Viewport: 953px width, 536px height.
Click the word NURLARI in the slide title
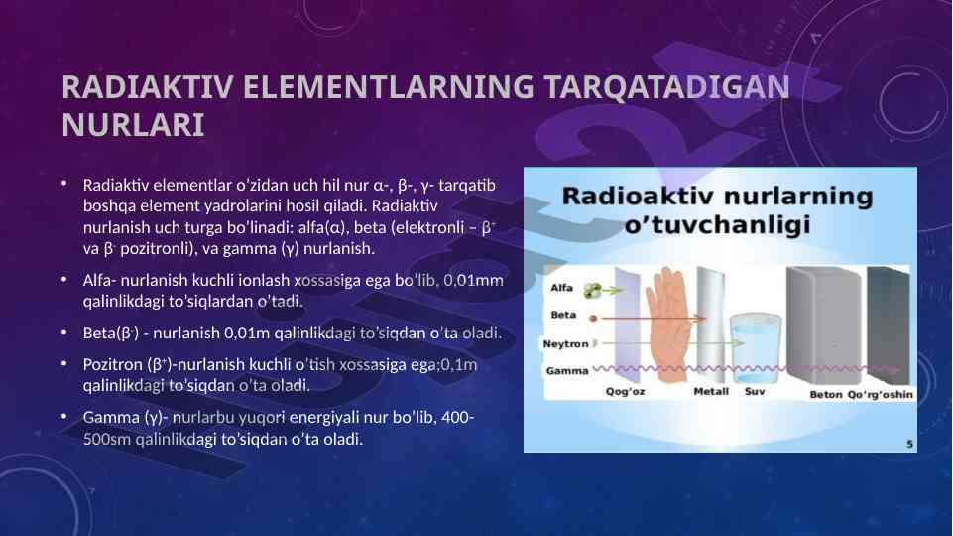tap(133, 125)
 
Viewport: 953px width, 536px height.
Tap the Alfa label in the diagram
tap(561, 288)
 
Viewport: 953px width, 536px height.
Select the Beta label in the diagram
tap(563, 315)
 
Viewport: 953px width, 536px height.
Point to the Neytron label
tap(565, 343)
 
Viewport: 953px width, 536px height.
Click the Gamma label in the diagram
tap(567, 370)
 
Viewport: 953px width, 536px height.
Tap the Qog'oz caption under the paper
tap(625, 392)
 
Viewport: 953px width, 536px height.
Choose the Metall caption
tap(711, 392)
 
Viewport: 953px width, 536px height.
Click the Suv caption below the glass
tap(755, 392)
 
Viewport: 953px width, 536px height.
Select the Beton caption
tap(826, 395)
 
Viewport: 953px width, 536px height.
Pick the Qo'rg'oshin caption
tap(880, 395)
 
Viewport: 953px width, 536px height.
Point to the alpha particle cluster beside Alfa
tap(593, 291)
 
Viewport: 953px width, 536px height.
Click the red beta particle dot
tap(594, 319)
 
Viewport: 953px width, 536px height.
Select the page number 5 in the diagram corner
tap(909, 444)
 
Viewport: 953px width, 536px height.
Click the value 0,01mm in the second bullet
tap(473, 281)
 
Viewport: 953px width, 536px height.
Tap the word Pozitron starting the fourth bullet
tap(112, 364)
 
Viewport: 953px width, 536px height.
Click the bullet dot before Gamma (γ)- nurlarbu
tap(64, 416)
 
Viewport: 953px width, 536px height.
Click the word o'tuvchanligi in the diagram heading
tap(717, 225)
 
